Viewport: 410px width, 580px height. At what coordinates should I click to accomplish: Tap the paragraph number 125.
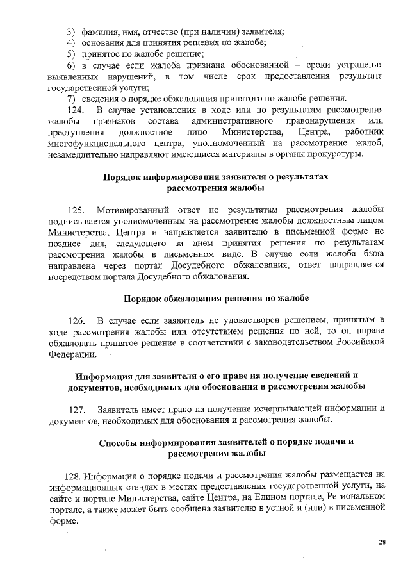coord(76,209)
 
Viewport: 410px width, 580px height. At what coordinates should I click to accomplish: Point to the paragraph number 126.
coord(76,319)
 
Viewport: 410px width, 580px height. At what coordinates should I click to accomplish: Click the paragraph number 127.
coord(76,409)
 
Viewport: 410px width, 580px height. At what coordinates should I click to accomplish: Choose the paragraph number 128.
coord(75,476)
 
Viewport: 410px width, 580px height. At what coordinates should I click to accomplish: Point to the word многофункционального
coord(104,144)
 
